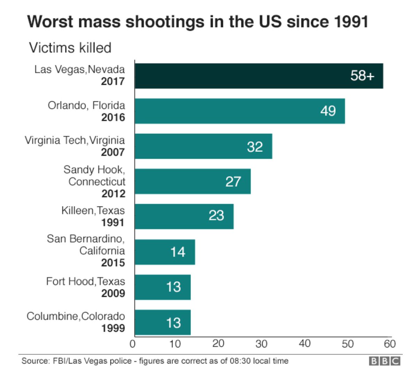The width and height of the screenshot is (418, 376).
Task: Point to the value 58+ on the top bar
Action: point(362,76)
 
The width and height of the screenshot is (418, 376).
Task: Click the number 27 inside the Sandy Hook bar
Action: point(233,181)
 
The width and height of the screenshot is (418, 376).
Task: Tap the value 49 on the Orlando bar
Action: point(328,111)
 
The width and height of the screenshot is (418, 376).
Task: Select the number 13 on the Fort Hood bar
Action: point(173,287)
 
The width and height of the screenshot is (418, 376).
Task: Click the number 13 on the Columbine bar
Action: point(173,322)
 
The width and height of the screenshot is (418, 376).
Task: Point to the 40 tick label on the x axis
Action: point(304,344)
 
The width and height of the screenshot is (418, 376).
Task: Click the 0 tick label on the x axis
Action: point(132,344)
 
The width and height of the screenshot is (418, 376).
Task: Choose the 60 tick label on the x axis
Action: point(390,344)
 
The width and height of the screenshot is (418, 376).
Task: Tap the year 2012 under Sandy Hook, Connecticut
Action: point(113,194)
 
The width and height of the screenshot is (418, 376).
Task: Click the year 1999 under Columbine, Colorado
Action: point(113,328)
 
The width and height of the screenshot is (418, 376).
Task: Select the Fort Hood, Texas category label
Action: point(85,281)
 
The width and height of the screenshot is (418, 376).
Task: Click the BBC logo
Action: point(385,361)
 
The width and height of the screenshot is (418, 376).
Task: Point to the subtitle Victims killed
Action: point(70,48)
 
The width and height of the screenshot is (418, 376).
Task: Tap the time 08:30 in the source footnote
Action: point(240,361)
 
